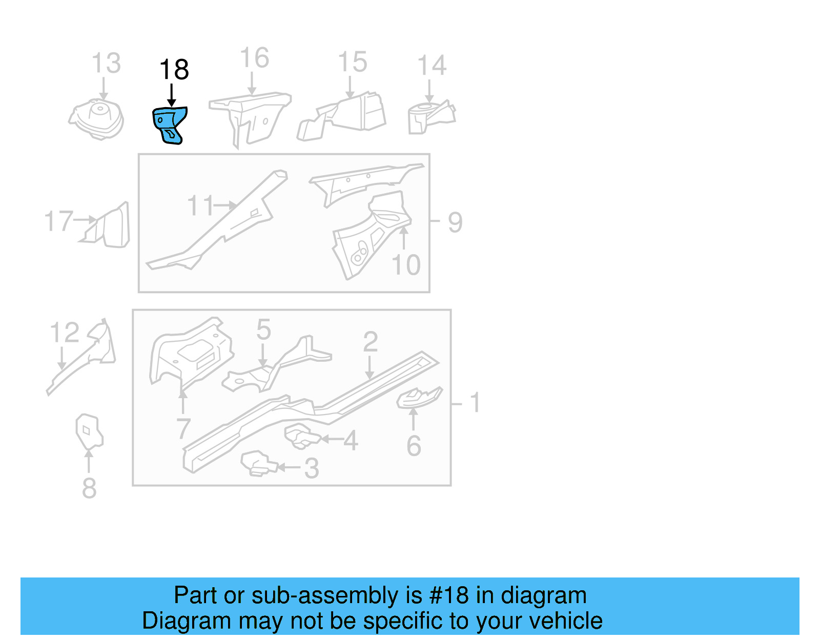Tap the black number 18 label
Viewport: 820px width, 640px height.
pos(174,70)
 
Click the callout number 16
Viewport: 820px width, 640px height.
pos(254,58)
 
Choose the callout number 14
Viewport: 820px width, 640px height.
pos(432,66)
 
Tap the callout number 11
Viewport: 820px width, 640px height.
pos(200,206)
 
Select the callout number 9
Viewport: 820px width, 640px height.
pos(455,222)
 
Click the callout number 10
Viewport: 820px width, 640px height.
pos(406,265)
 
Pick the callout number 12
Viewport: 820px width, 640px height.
pos(65,333)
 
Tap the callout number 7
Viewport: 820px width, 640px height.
pos(183,428)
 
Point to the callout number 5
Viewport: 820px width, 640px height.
pos(263,329)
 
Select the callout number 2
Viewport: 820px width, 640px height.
pos(370,342)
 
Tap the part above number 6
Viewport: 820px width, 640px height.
pos(418,398)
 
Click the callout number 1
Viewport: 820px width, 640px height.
pos(475,402)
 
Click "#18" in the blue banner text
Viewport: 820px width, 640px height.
pos(449,595)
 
